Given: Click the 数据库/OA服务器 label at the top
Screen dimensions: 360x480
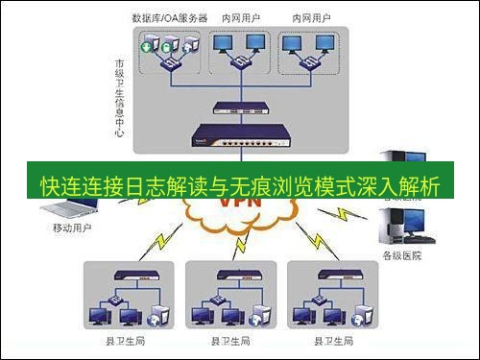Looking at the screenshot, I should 170,18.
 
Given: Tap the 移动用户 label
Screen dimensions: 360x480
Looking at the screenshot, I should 70,231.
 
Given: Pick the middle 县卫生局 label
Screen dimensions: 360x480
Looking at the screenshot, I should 229,341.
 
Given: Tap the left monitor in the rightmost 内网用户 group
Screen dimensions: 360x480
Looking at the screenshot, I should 296,42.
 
